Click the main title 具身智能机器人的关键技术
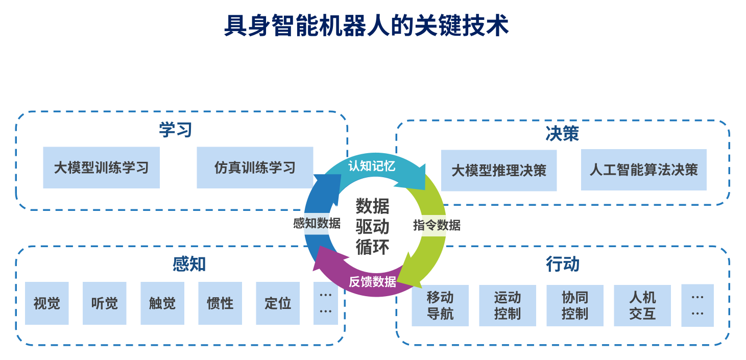(366, 25)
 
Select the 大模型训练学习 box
(101, 167)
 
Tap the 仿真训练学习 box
(255, 167)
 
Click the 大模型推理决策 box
(498, 170)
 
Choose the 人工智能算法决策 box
(643, 170)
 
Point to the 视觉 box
(46, 303)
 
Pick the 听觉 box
(104, 303)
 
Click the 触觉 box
(162, 303)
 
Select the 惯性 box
(220, 303)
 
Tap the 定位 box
(278, 303)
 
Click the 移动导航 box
(440, 305)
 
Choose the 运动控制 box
(507, 305)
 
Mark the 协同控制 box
(574, 305)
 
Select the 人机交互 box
(642, 305)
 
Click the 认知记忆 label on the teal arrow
(372, 166)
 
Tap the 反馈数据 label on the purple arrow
(372, 281)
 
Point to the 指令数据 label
(437, 225)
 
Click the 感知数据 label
(317, 223)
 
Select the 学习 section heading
(175, 130)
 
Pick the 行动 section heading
(562, 265)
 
